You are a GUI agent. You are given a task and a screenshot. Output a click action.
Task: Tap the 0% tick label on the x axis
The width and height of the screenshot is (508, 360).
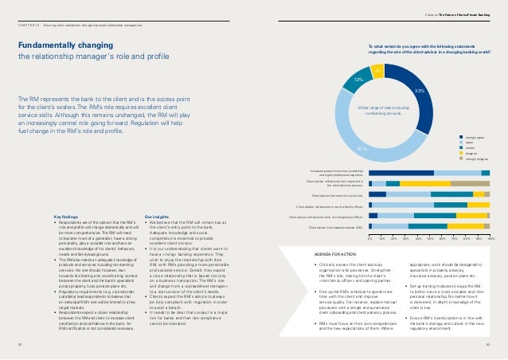[x=370, y=238]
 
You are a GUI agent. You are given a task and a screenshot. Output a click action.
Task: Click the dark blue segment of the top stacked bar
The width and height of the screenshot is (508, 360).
[x=401, y=172]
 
